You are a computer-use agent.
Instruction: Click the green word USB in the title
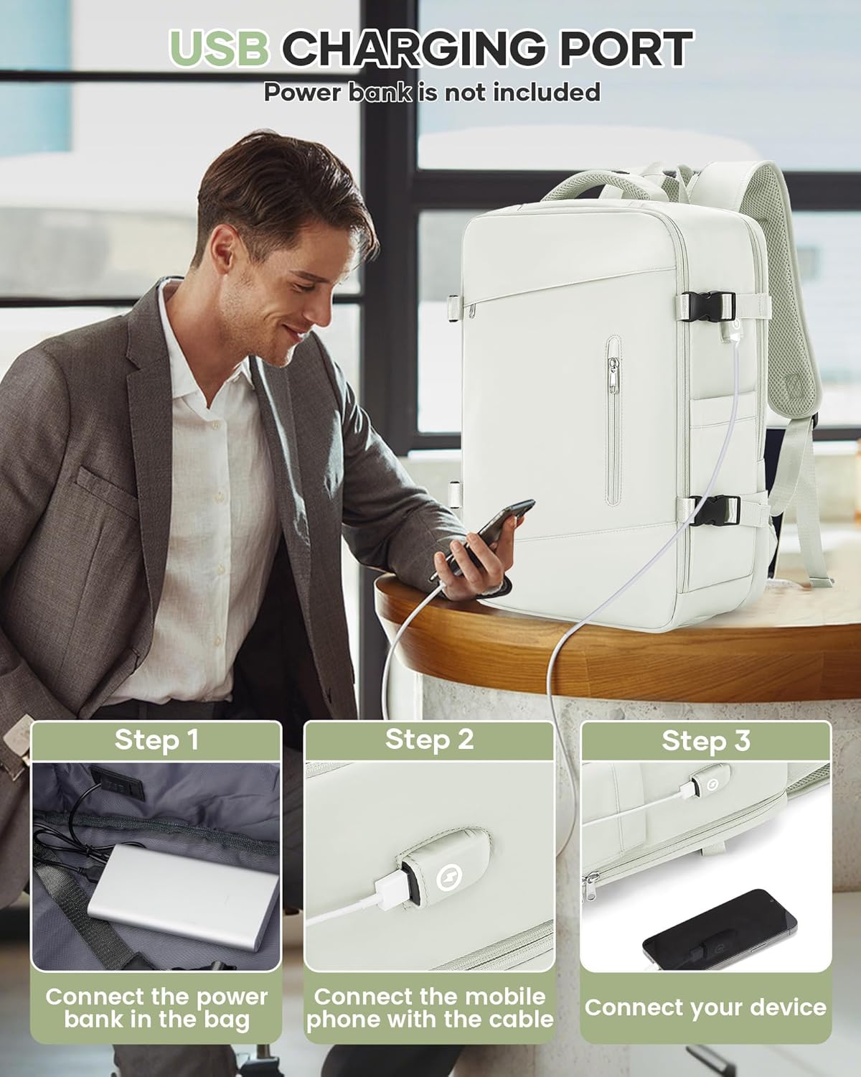[x=219, y=48]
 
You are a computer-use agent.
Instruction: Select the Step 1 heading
[x=156, y=740]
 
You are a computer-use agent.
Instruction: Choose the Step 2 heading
[x=429, y=740]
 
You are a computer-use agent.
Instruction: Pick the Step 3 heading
[x=706, y=740]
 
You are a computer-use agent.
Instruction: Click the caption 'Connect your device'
[x=705, y=1007]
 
